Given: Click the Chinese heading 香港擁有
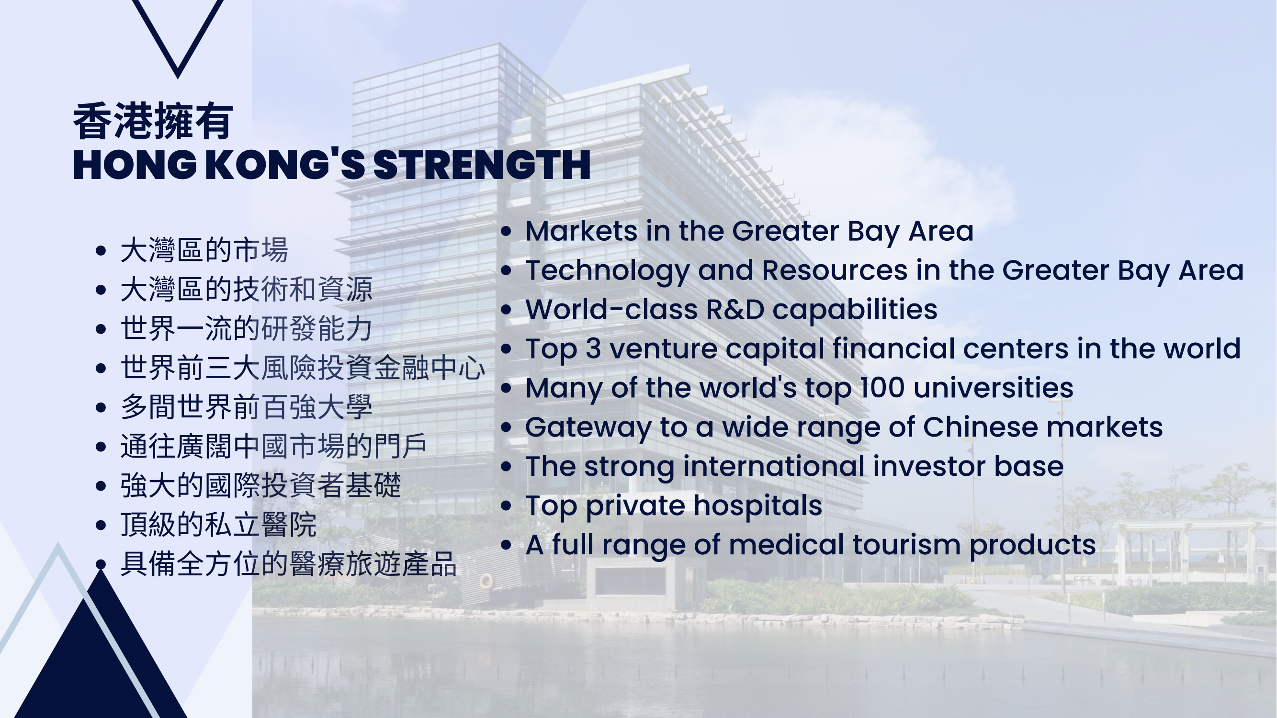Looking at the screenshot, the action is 153,122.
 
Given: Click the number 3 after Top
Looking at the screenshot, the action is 593,349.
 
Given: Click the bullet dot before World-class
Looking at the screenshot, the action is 506,310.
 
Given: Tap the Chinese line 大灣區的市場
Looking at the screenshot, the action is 204,250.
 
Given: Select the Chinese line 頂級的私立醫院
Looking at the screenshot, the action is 219,525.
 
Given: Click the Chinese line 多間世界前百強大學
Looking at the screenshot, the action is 247,407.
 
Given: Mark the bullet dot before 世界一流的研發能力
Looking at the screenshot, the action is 101,329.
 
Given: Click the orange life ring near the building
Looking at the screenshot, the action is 486,581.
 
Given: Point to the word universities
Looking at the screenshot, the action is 994,388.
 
